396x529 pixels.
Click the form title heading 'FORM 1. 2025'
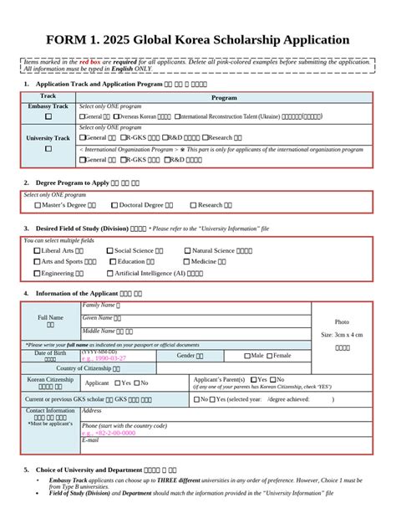point(198,39)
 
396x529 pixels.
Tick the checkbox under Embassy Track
point(48,116)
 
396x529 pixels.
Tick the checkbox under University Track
point(48,148)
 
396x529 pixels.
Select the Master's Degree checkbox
point(38,205)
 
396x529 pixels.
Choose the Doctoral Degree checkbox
point(114,205)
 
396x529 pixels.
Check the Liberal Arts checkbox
point(37,250)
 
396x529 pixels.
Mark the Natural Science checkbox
point(187,250)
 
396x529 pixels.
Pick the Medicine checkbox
point(187,261)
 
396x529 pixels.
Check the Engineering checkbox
point(37,273)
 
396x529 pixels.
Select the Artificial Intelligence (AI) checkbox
point(109,273)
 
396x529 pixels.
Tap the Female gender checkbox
point(270,356)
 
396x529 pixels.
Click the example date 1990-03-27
point(104,358)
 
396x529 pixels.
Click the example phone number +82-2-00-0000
point(109,433)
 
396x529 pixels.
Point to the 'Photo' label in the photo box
point(342,321)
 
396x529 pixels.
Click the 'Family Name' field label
point(100,306)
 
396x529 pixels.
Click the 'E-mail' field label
point(90,440)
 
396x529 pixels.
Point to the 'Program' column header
point(223,97)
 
